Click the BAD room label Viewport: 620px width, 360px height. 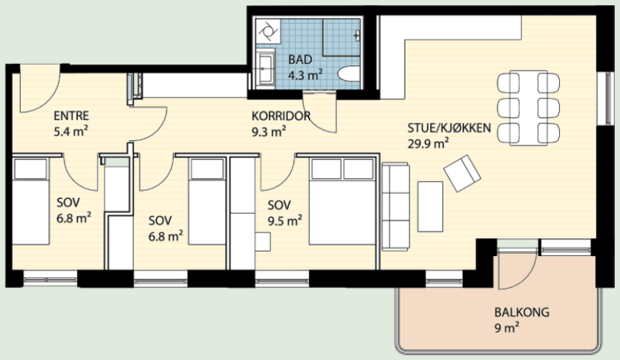300,59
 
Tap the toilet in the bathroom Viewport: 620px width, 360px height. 349,73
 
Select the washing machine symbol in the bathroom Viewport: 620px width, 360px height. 268,30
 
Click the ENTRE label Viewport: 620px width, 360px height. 71,116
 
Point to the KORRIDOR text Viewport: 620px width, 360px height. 281,117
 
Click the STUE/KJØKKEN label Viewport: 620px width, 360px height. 449,128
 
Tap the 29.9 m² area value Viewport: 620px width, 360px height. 428,143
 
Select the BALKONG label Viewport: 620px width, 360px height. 521,312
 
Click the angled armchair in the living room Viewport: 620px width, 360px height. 462,174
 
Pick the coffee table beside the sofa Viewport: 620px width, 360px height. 430,206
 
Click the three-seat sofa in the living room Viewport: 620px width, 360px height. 396,206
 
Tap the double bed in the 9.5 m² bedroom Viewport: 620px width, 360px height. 342,201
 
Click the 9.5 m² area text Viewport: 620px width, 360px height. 284,220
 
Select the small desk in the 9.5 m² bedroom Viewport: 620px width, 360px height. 263,242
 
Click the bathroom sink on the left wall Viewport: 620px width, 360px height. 265,69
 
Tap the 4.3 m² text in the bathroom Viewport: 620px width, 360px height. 305,75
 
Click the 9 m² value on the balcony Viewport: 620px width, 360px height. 506,328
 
